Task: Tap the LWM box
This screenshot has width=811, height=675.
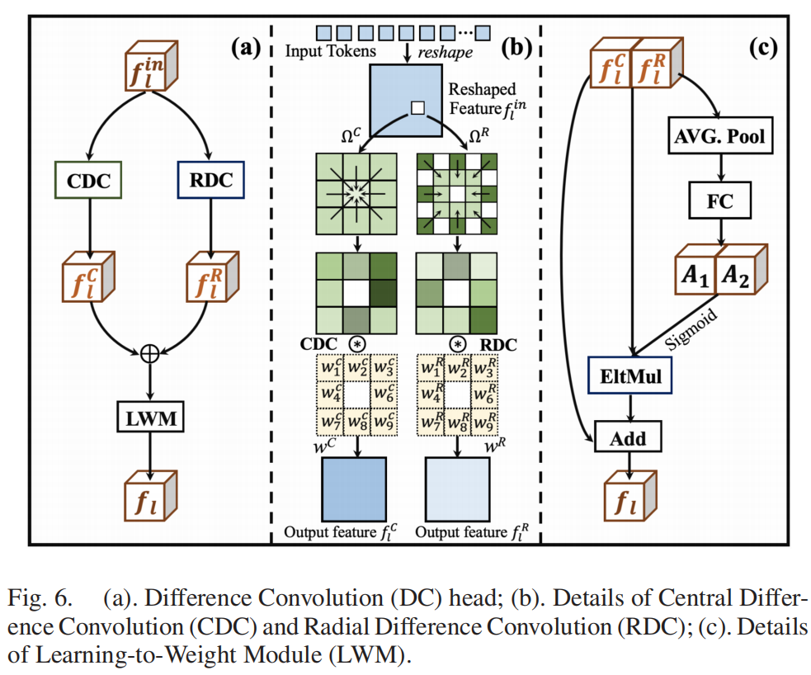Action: click(x=149, y=420)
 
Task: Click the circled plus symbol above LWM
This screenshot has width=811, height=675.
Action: click(x=149, y=352)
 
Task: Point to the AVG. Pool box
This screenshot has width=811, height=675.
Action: click(x=721, y=137)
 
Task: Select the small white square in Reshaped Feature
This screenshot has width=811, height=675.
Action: click(x=417, y=108)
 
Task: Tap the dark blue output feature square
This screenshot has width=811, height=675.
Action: click(x=354, y=488)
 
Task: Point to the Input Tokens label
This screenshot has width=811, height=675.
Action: click(x=332, y=51)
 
